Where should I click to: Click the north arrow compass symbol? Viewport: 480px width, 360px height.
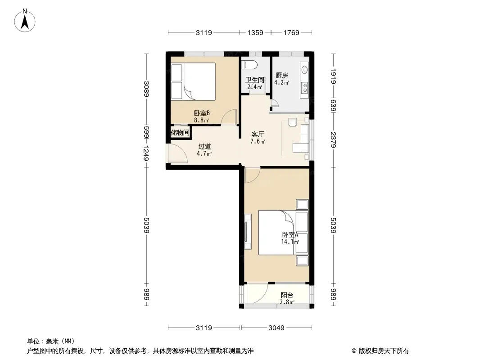[x=25, y=21]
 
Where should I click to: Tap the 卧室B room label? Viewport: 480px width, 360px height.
[x=202, y=113]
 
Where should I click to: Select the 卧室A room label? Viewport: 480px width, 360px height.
[x=290, y=235]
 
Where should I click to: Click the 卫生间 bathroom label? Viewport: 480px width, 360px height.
[x=255, y=80]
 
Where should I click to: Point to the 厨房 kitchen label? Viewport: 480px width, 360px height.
[x=281, y=75]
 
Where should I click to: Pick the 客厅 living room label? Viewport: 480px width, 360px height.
[x=258, y=134]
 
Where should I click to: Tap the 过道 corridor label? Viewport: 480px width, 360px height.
[x=204, y=147]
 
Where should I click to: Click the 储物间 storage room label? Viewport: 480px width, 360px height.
[x=180, y=133]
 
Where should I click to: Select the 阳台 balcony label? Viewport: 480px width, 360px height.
[x=287, y=295]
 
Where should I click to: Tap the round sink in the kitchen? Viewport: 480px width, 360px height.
[x=304, y=69]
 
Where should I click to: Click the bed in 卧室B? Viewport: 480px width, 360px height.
[x=193, y=81]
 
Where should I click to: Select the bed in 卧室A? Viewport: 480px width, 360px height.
[x=283, y=233]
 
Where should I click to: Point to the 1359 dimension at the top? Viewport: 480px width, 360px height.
[x=255, y=32]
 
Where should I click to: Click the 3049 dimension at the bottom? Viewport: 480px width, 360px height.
[x=276, y=328]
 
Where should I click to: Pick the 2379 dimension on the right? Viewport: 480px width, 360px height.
[x=333, y=140]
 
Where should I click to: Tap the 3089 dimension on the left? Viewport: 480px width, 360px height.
[x=146, y=89]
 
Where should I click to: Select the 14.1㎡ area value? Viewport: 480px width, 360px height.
[x=290, y=242]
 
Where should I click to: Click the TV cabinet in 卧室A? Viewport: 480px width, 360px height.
[x=248, y=232]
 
